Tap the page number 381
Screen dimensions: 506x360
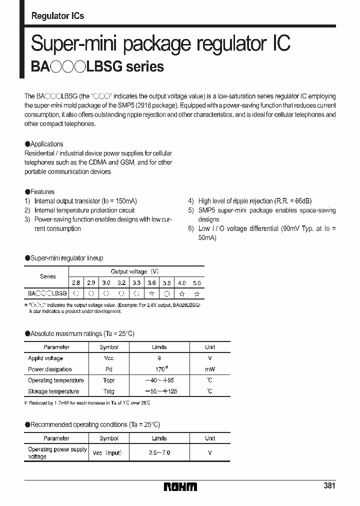tap(329, 485)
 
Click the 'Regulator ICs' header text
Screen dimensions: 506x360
tap(57, 16)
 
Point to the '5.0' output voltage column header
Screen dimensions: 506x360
tap(197, 282)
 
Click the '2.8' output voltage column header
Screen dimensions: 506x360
tap(75, 282)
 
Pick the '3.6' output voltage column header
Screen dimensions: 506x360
tap(151, 282)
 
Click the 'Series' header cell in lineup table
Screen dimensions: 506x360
tap(48, 276)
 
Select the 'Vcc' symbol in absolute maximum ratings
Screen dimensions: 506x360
tap(108, 358)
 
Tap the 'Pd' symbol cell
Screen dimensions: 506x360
tap(108, 369)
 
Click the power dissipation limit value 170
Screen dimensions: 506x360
tap(159, 369)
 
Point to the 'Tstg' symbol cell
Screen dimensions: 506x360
tap(108, 391)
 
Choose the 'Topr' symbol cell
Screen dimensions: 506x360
tap(108, 380)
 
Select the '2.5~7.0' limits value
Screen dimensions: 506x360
tap(159, 452)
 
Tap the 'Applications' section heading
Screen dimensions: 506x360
tap(46, 144)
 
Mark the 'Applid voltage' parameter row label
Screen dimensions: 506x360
tap(45, 358)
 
